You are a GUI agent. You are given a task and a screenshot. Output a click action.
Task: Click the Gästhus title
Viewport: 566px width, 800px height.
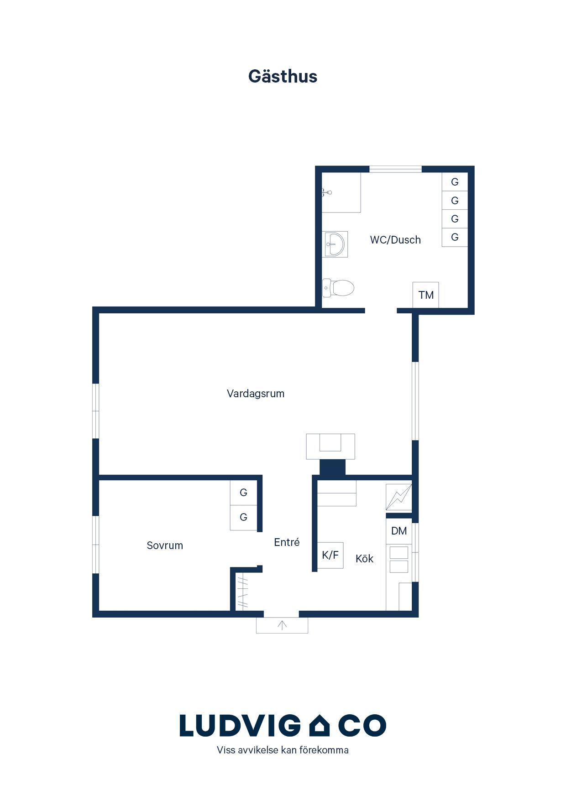click(x=283, y=77)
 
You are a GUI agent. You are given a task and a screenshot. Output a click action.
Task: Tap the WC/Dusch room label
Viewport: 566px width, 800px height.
click(x=395, y=240)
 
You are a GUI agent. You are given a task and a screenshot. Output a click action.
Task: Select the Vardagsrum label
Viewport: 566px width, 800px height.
click(x=256, y=394)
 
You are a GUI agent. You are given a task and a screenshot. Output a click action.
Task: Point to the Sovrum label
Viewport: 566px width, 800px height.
click(x=165, y=545)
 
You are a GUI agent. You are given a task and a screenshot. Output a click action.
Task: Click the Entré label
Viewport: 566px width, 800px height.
click(x=287, y=542)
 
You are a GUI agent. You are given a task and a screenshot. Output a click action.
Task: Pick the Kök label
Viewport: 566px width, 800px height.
click(x=364, y=559)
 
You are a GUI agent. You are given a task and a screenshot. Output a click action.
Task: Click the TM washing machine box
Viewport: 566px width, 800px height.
click(x=426, y=295)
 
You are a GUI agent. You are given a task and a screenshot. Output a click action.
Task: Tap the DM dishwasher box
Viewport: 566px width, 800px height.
click(x=399, y=531)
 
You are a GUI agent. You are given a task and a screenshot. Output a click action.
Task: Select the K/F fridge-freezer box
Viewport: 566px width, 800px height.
click(x=330, y=555)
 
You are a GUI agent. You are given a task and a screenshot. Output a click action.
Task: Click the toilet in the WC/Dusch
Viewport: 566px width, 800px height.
click(x=338, y=288)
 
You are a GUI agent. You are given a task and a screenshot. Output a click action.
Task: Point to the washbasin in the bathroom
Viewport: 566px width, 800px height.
click(x=335, y=244)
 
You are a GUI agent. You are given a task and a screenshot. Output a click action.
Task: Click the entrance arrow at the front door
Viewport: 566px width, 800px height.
click(x=282, y=625)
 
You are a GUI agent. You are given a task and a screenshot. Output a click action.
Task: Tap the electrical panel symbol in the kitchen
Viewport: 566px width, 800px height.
click(x=399, y=497)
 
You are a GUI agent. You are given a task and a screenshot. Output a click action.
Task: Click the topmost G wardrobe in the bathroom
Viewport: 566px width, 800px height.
click(x=455, y=182)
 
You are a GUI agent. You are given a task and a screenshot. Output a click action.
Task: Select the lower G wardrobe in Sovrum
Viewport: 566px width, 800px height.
click(x=243, y=517)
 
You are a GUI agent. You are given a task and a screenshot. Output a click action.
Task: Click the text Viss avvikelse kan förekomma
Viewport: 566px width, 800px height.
click(x=283, y=750)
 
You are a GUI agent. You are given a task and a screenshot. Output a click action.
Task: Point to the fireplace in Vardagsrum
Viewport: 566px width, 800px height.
click(x=330, y=447)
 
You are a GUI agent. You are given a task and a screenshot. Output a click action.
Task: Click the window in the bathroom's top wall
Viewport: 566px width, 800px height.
click(x=395, y=169)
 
